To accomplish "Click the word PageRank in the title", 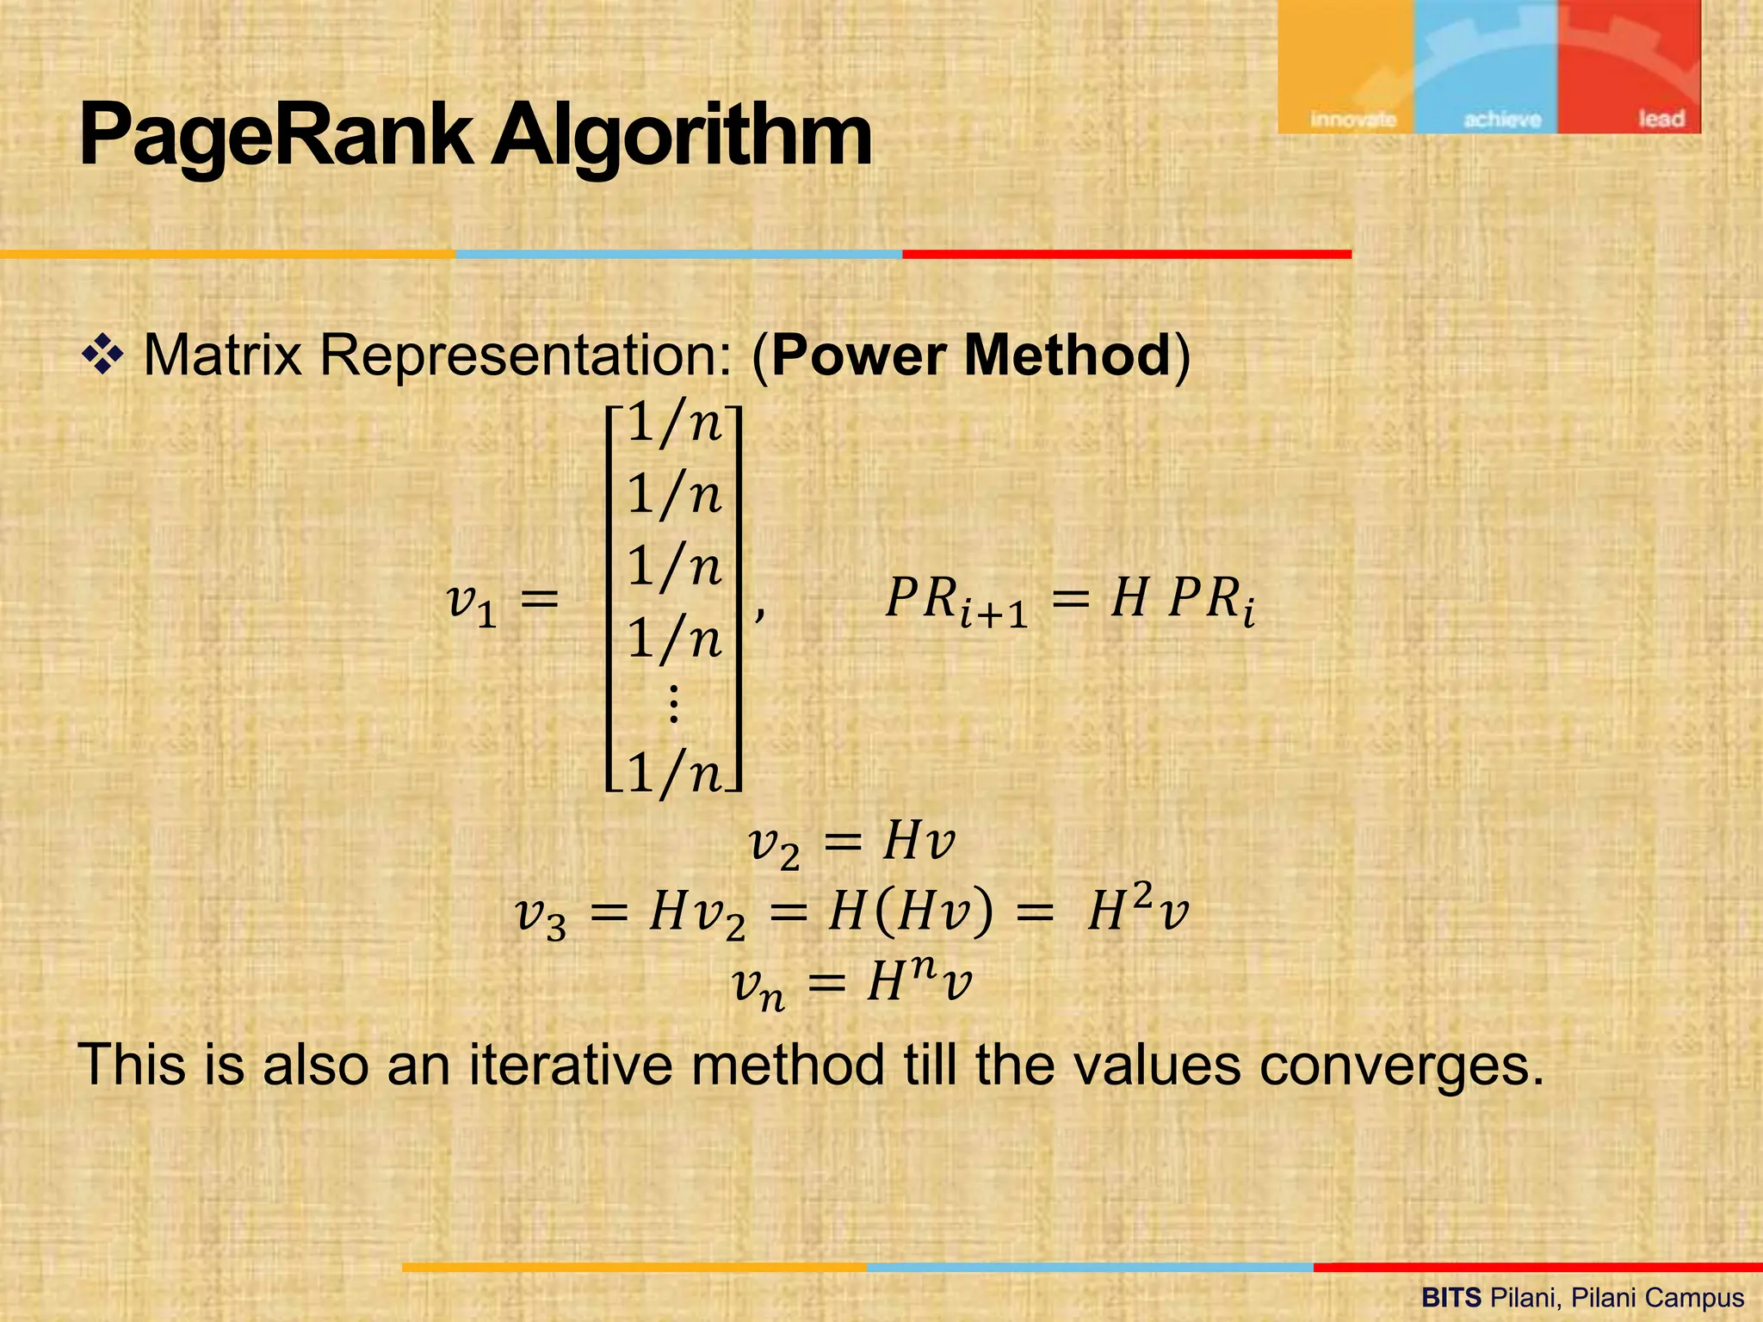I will (x=275, y=136).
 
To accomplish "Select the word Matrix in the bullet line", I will (x=222, y=355).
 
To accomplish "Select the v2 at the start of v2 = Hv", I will (x=774, y=843).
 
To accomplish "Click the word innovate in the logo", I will (x=1352, y=119).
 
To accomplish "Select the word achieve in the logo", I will (x=1501, y=119).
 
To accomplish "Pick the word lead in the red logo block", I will (x=1661, y=118).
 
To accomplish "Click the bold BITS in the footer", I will (x=1451, y=1298).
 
